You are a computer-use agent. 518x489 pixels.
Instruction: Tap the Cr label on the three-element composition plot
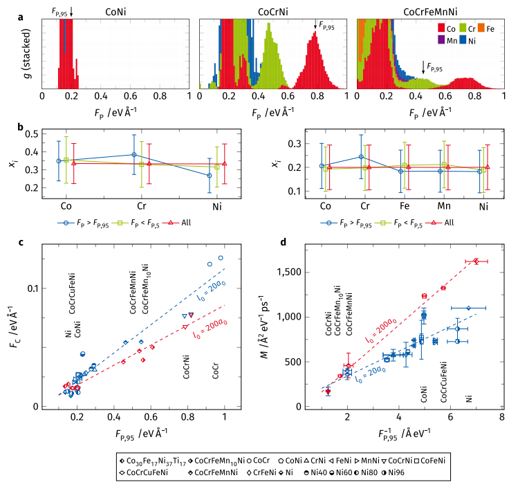(x=133, y=205)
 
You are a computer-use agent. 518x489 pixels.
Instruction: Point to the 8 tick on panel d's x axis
(x=501, y=417)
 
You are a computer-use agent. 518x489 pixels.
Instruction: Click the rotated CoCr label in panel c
(x=216, y=370)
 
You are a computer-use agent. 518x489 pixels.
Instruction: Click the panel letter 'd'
(x=282, y=241)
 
